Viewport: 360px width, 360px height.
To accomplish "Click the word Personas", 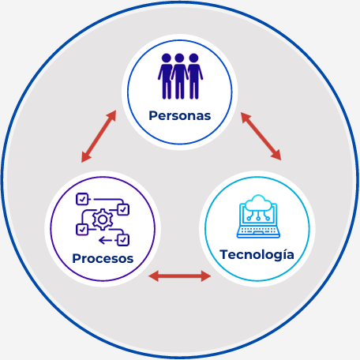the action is (180, 116).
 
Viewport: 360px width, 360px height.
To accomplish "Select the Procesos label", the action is (103, 258).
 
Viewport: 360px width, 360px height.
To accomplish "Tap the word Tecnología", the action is (257, 255).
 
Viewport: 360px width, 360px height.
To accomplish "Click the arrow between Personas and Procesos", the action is (99, 137).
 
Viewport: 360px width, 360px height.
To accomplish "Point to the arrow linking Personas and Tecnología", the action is (261, 136).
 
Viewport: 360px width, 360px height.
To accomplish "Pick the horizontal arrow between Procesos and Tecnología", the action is (179, 276).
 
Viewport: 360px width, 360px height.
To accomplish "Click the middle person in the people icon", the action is (179, 77).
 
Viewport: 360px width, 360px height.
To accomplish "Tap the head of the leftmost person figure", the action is (167, 58).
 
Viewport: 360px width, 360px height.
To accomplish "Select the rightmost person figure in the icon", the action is (194, 77).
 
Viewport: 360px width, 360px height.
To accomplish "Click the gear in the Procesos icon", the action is (103, 219).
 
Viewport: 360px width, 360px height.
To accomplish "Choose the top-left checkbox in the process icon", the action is (82, 199).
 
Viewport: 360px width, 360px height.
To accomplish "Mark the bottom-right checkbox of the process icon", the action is (123, 240).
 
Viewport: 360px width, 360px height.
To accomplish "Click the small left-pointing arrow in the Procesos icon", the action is (105, 240).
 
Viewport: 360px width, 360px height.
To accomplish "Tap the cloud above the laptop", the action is (258, 203).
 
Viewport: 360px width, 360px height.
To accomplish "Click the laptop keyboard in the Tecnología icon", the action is (258, 231).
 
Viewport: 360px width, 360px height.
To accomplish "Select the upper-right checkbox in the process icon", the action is (123, 209).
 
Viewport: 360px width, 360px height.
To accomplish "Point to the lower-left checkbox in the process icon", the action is (82, 230).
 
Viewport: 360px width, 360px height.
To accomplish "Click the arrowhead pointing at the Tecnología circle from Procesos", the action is (206, 276).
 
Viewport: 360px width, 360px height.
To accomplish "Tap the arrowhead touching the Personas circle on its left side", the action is (112, 116).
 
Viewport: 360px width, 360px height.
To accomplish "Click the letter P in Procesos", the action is (77, 258).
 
